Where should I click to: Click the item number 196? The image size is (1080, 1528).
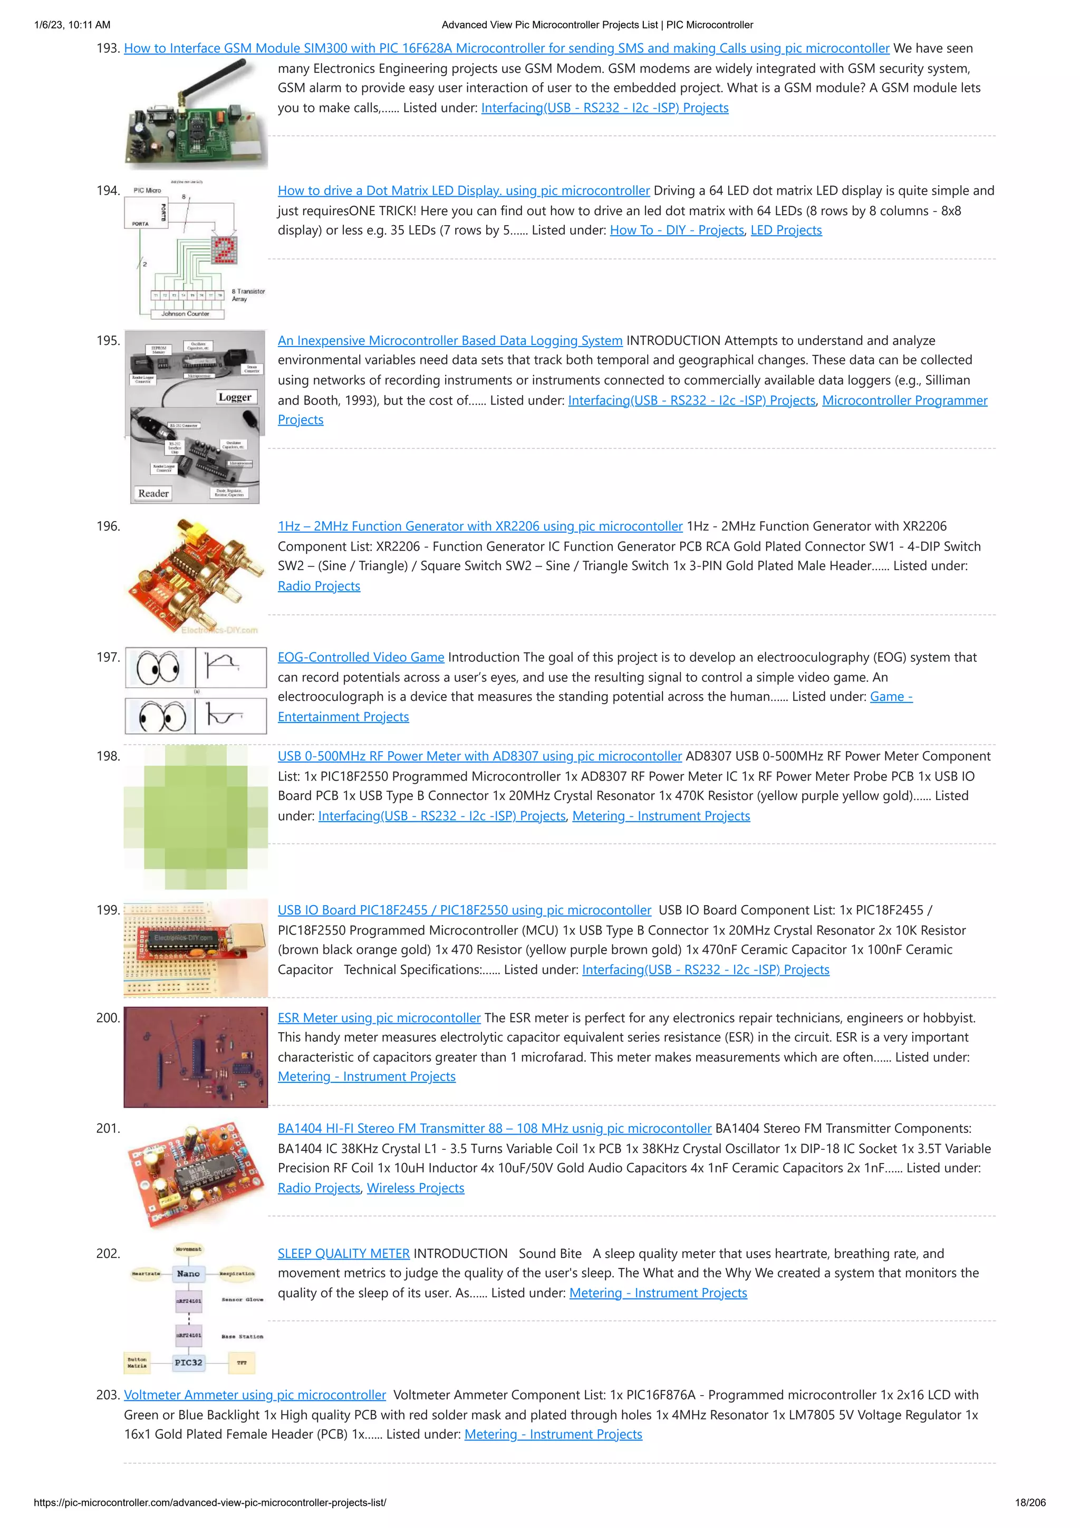[x=108, y=526]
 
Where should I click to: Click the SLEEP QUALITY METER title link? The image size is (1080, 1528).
[x=343, y=1254]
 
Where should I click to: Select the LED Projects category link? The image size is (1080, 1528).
[x=786, y=230]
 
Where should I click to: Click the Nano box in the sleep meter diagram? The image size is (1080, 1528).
[x=188, y=1274]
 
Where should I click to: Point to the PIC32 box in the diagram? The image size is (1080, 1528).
[x=188, y=1362]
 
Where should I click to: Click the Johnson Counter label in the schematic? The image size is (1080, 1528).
[x=185, y=313]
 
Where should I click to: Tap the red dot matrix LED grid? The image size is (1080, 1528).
[x=224, y=249]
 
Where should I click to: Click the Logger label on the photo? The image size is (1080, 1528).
[x=235, y=397]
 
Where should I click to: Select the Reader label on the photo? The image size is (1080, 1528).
[x=153, y=493]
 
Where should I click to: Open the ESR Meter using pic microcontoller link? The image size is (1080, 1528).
[x=379, y=1018]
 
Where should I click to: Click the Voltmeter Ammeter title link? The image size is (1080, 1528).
[x=254, y=1395]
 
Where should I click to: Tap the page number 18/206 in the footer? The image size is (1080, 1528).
[x=1029, y=1503]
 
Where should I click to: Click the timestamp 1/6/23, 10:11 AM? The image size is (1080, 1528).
[x=72, y=25]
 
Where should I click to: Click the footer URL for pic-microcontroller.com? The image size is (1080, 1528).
[x=209, y=1503]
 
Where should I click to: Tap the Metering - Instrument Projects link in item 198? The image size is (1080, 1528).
[x=661, y=816]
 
